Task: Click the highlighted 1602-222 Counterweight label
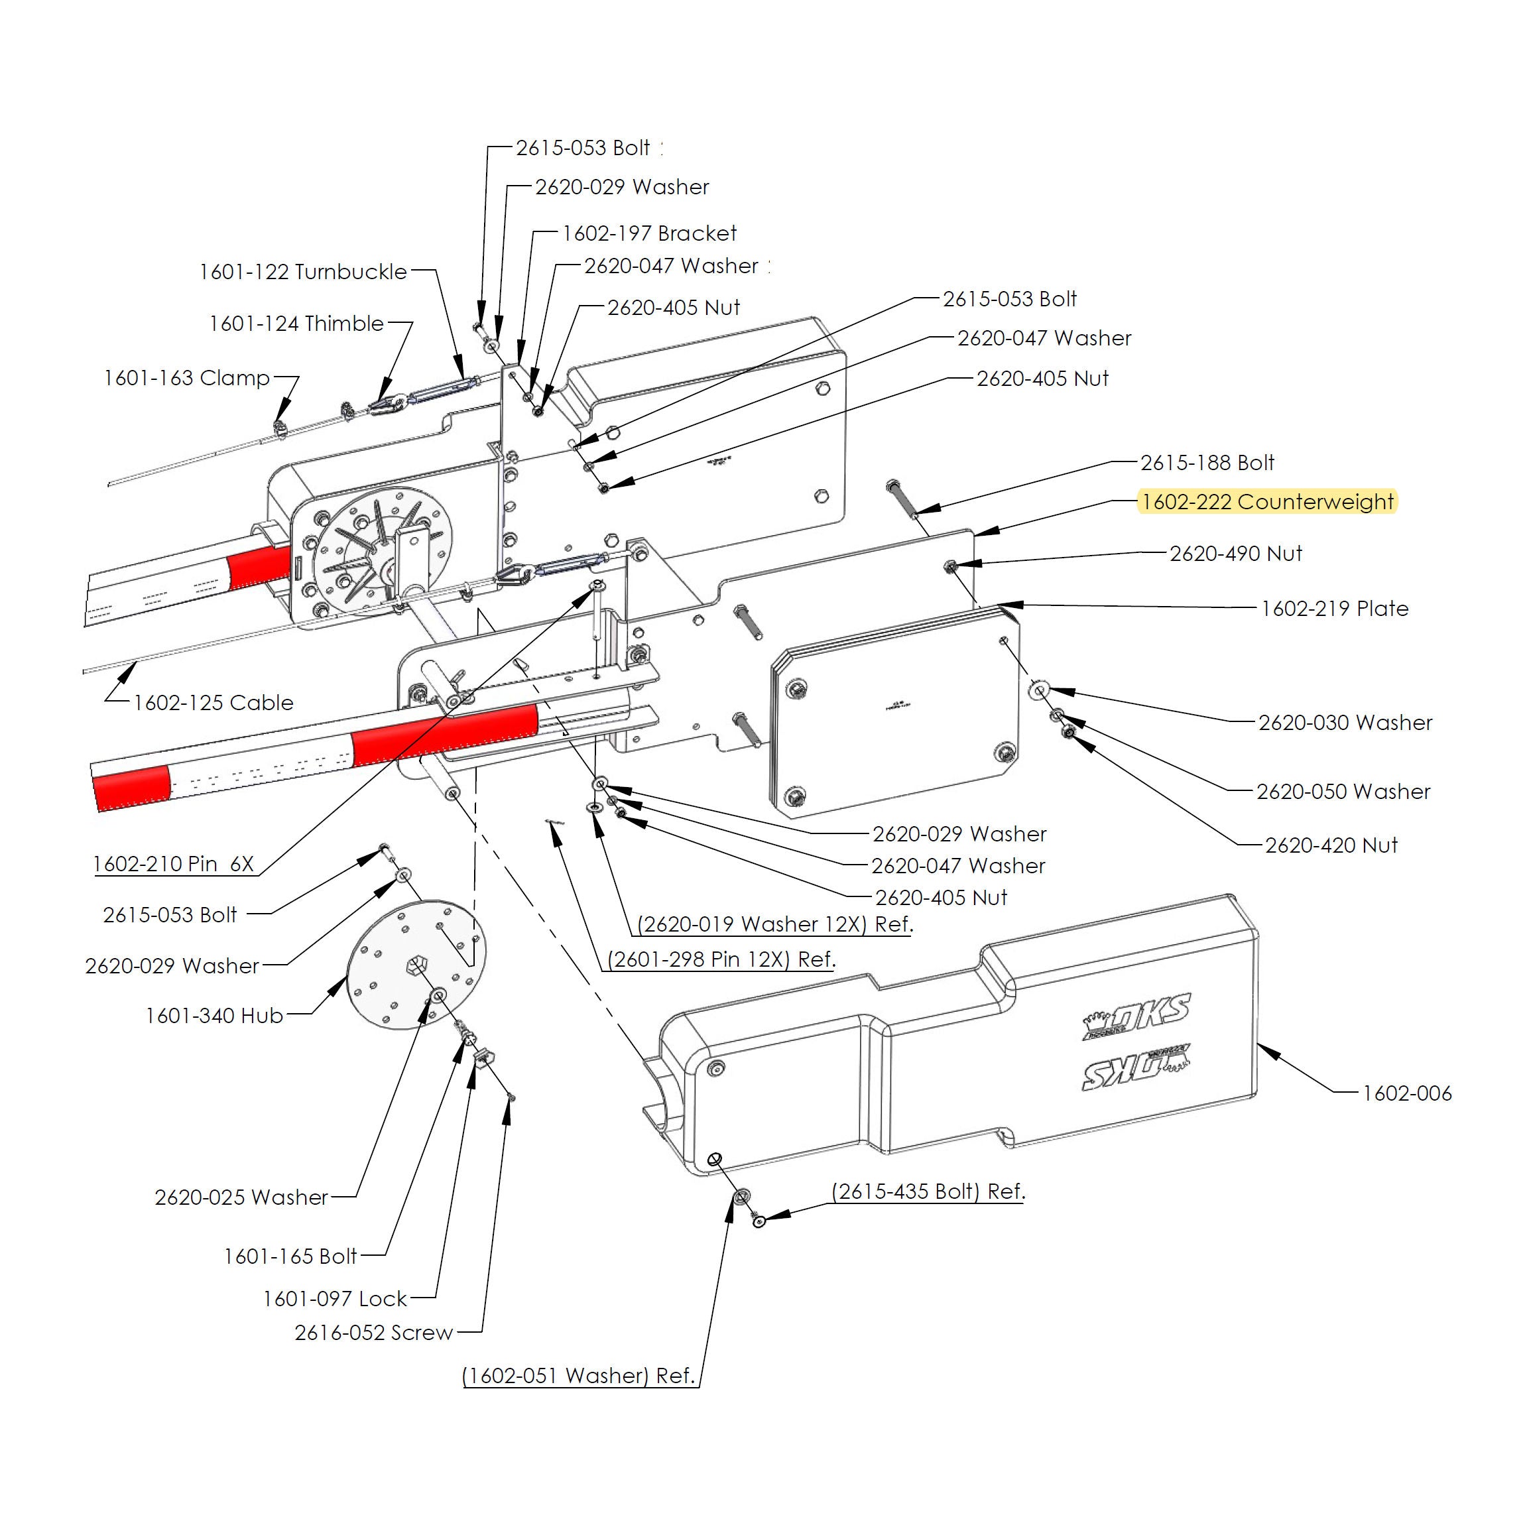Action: pos(1267,502)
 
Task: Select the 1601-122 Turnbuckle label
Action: pos(303,273)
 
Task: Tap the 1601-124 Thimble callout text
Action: pos(296,324)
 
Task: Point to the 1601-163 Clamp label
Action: pos(187,378)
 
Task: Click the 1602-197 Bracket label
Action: pos(649,233)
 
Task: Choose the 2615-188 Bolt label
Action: pos(1207,463)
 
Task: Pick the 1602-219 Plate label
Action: pos(1334,609)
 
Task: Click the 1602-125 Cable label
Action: pos(213,703)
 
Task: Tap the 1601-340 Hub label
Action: pos(214,1015)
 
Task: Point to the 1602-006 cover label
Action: pos(1406,1093)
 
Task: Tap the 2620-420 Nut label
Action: pos(1331,845)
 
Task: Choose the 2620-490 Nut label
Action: pos(1235,554)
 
